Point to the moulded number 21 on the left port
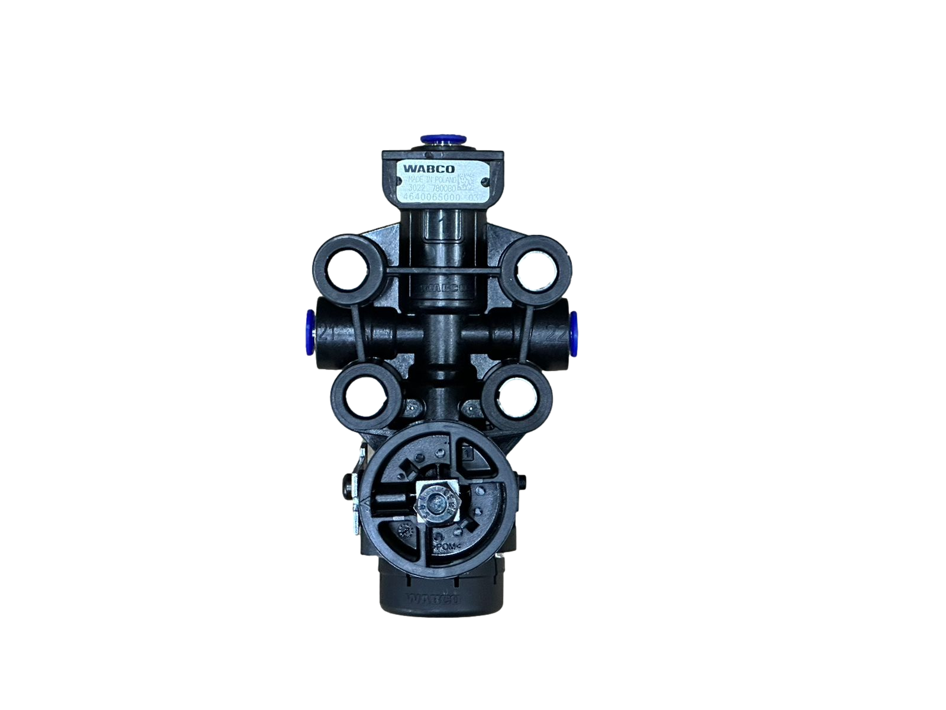point(325,333)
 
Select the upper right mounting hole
point(537,269)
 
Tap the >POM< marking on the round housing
point(447,548)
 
